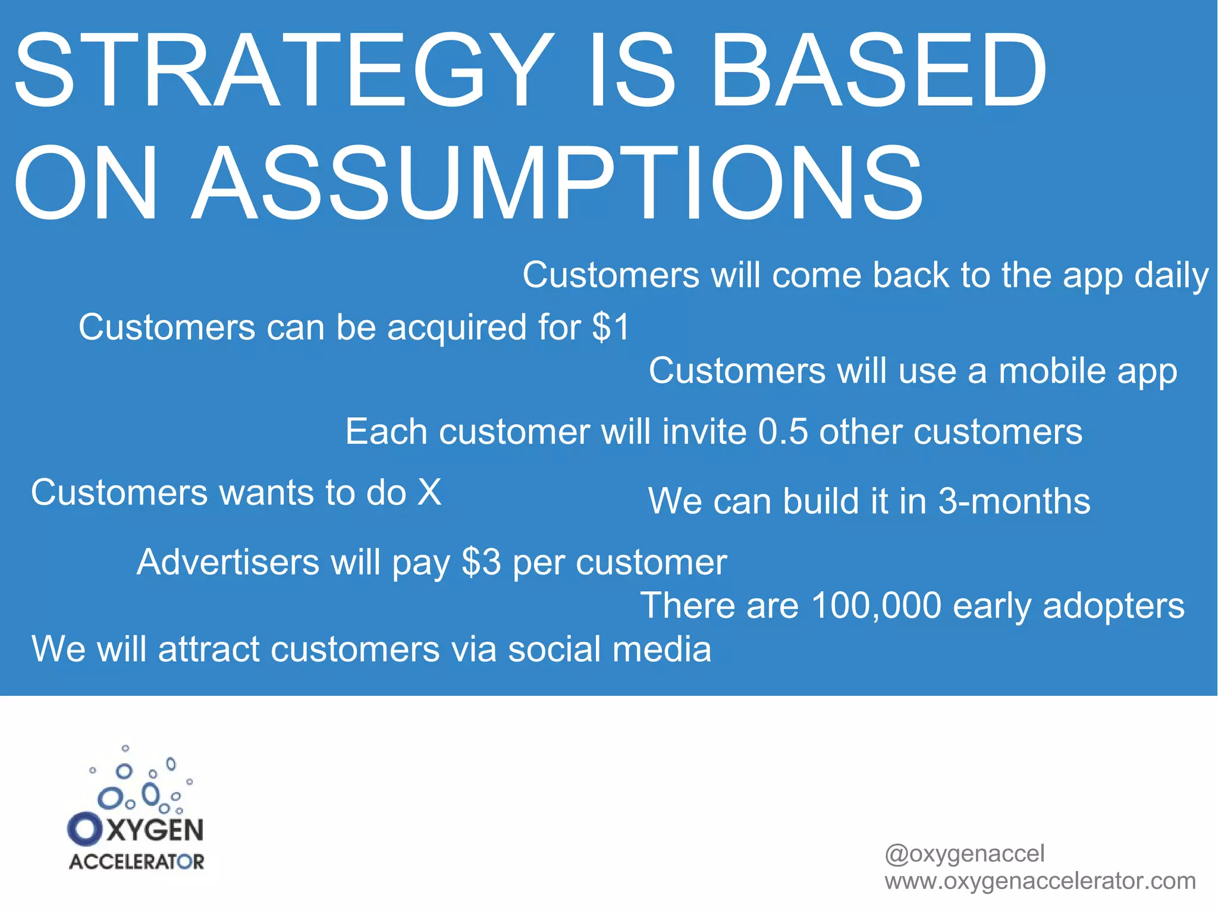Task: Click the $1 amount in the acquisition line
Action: (611, 327)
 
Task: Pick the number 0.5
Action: (783, 431)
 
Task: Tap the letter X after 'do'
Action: (429, 492)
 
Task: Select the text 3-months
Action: (1014, 501)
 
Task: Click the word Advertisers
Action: (228, 561)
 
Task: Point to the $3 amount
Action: (481, 561)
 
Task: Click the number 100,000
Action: (875, 605)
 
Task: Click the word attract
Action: (209, 648)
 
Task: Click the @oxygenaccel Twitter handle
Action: (964, 854)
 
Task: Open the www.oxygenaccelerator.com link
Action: (1040, 881)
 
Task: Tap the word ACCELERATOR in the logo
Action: (137, 862)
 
